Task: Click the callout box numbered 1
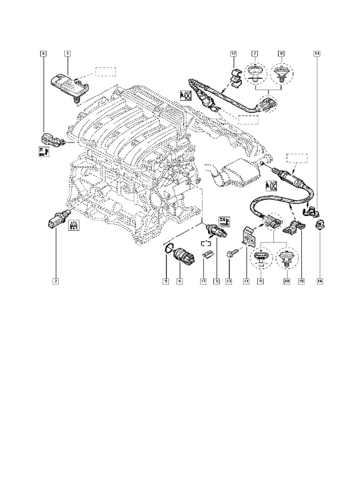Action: [x=67, y=54]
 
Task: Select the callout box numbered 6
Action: [x=43, y=54]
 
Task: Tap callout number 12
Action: [x=233, y=54]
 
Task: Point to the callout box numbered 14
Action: [x=317, y=54]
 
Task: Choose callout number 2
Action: [x=55, y=281]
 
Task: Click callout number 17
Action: [x=203, y=281]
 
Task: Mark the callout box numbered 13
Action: [x=229, y=281]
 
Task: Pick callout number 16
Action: [x=320, y=281]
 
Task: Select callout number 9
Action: [x=259, y=281]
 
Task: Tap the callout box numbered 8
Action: [x=281, y=54]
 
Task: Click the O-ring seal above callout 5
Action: [x=169, y=249]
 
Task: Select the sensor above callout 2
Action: [x=55, y=220]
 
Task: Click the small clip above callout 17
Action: [x=207, y=254]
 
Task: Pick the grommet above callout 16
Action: [x=320, y=224]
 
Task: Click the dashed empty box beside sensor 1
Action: [x=105, y=72]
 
